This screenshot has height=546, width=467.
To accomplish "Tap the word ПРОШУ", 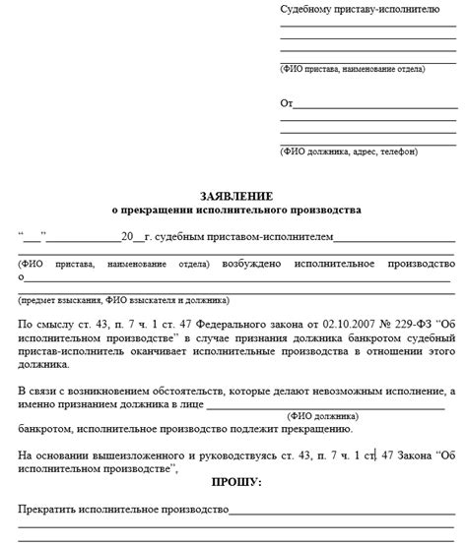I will pyautogui.click(x=235, y=484).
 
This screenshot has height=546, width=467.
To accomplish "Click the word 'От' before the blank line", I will pyautogui.click(x=287, y=103).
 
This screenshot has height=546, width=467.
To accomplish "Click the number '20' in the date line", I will pyautogui.click(x=126, y=237).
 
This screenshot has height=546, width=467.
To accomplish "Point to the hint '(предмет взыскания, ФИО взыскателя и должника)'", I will pyautogui.click(x=123, y=299).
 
